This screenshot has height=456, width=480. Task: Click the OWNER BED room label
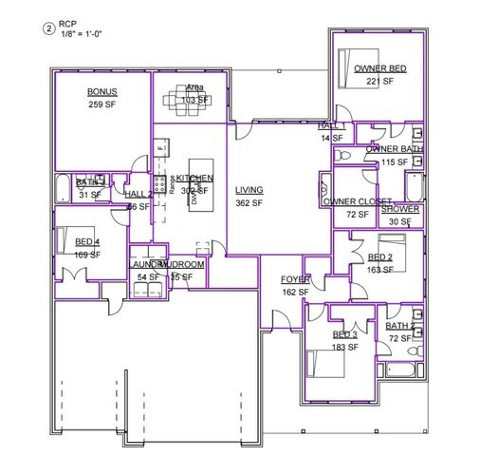380,69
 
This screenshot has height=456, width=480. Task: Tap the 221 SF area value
380,81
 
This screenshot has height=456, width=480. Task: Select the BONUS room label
102,91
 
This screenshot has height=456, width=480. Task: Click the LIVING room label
249,190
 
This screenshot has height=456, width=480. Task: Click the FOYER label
294,280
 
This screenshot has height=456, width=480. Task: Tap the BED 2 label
379,257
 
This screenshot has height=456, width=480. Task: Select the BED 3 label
344,335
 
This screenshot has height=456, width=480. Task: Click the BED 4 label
88,242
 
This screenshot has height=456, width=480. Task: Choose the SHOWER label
400,209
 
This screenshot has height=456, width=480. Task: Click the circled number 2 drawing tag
49,28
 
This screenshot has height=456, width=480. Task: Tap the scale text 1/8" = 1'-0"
81,35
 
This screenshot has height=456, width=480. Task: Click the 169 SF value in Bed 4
88,254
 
